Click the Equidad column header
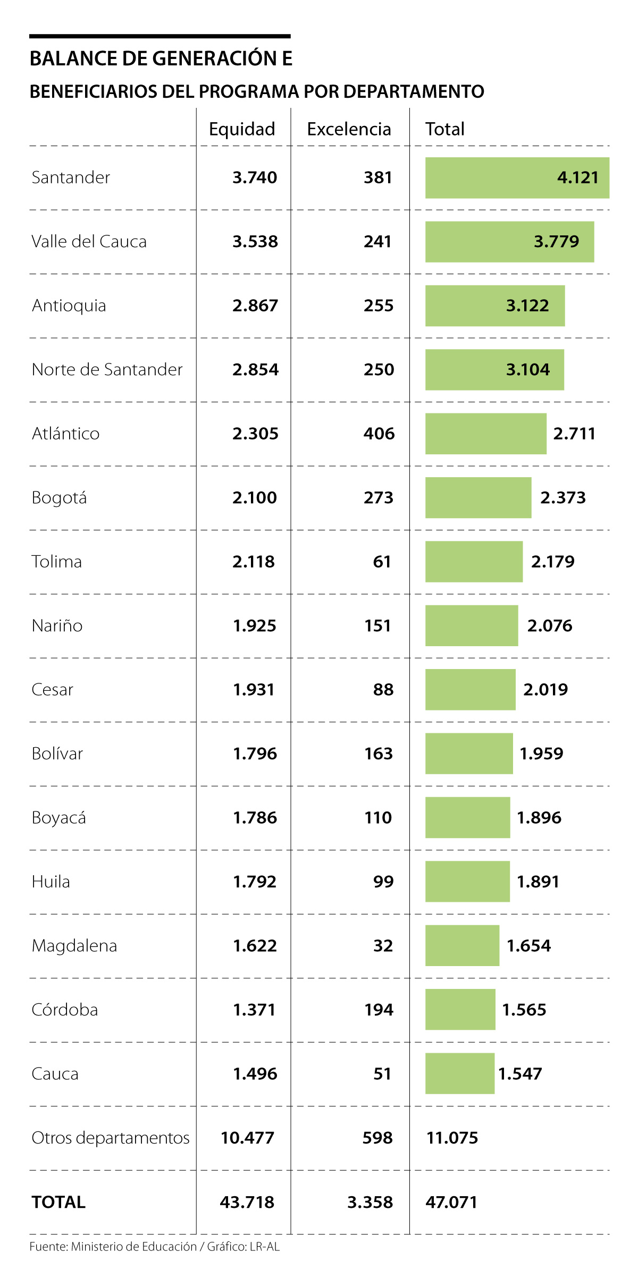coord(242,129)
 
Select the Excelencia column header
coord(349,129)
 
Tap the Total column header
coord(445,129)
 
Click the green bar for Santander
coord(489,178)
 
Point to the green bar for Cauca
coord(460,1073)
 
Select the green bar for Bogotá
coord(478,497)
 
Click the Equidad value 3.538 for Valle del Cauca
coord(255,242)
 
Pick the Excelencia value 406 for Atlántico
coord(379,434)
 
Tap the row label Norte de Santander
coord(107,369)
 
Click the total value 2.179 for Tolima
coord(553,562)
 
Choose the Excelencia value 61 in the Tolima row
coord(382,562)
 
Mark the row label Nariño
coord(57,625)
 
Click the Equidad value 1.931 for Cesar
coord(254,690)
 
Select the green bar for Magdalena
coord(462,945)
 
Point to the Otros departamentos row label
coord(111,1138)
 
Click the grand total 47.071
coord(451,1202)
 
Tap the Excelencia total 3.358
coord(370,1202)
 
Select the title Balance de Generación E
coord(161,58)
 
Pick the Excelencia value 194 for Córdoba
coord(379,1010)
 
